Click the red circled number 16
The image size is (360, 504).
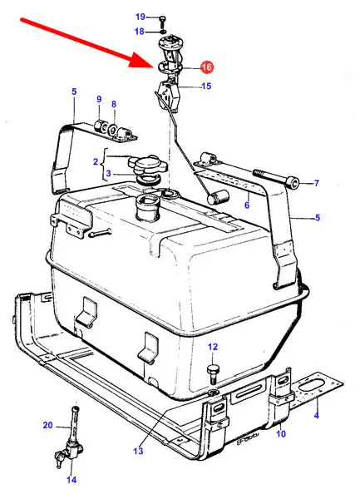207,67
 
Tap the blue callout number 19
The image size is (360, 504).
141,17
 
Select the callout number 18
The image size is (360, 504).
139,32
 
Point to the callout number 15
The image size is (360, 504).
206,86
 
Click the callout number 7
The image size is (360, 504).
317,183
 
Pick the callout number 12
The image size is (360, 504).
213,347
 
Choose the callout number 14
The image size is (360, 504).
72,480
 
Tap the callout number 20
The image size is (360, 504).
47,425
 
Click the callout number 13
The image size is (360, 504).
138,451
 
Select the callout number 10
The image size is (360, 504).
281,434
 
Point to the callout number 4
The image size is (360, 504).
317,415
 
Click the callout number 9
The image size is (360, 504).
99,99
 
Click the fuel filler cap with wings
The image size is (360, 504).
147,165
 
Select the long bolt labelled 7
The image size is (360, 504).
276,178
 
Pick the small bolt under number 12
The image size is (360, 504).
213,373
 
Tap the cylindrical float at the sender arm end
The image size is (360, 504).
217,196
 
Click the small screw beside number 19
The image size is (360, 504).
162,20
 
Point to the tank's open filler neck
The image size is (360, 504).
148,208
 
